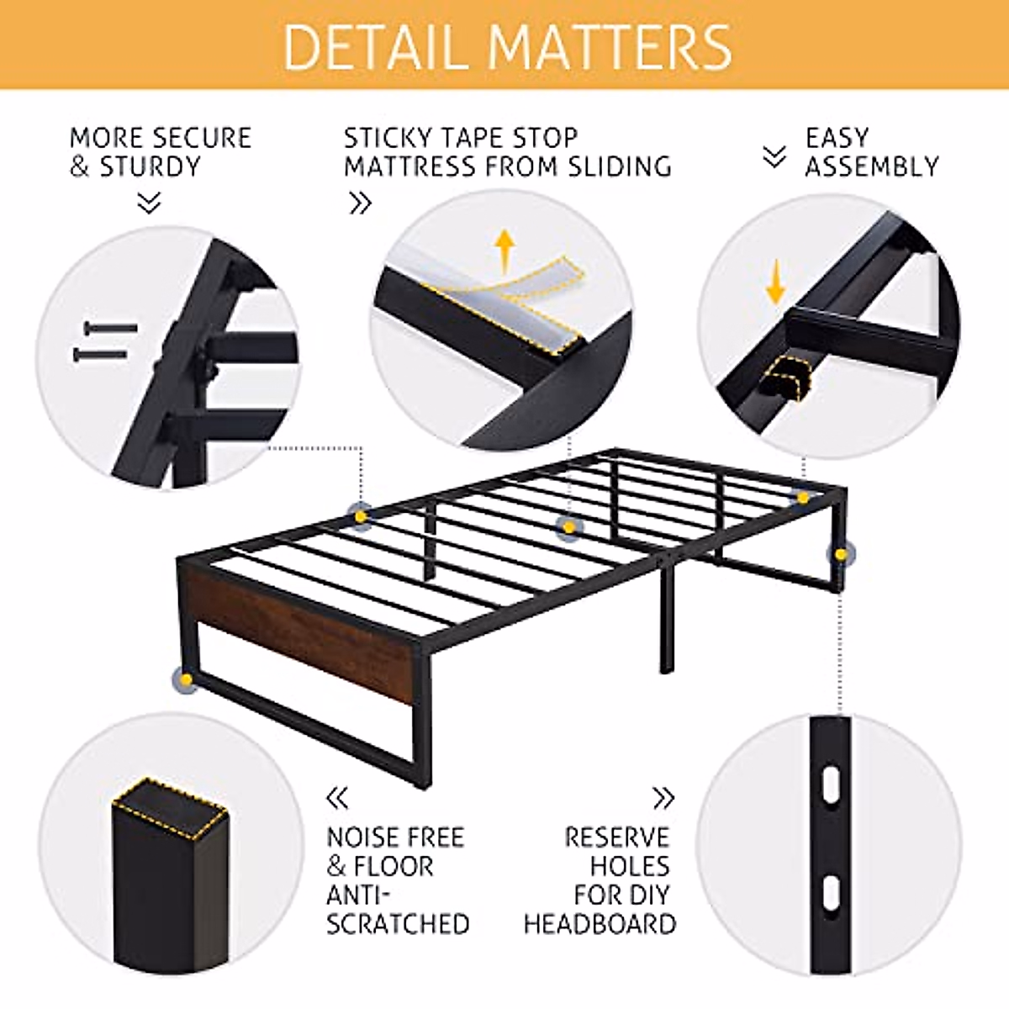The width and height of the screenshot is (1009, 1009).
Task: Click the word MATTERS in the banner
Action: click(x=611, y=47)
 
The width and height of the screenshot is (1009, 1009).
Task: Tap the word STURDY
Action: click(x=151, y=166)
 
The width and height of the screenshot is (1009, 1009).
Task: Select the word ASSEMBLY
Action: click(x=872, y=166)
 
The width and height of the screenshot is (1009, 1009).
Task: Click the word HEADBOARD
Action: click(x=600, y=923)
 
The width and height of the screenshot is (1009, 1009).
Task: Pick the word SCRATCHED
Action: click(x=398, y=923)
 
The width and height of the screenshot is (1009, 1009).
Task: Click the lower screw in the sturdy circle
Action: click(x=100, y=354)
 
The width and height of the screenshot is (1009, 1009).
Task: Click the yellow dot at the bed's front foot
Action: click(x=186, y=679)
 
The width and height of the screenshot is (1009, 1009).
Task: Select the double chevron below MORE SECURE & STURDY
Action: click(x=149, y=203)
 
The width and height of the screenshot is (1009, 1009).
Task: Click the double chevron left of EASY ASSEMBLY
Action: click(x=774, y=156)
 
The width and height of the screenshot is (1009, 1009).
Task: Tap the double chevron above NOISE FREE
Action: click(x=337, y=797)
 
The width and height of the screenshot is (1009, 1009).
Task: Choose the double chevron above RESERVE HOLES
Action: click(x=663, y=797)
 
